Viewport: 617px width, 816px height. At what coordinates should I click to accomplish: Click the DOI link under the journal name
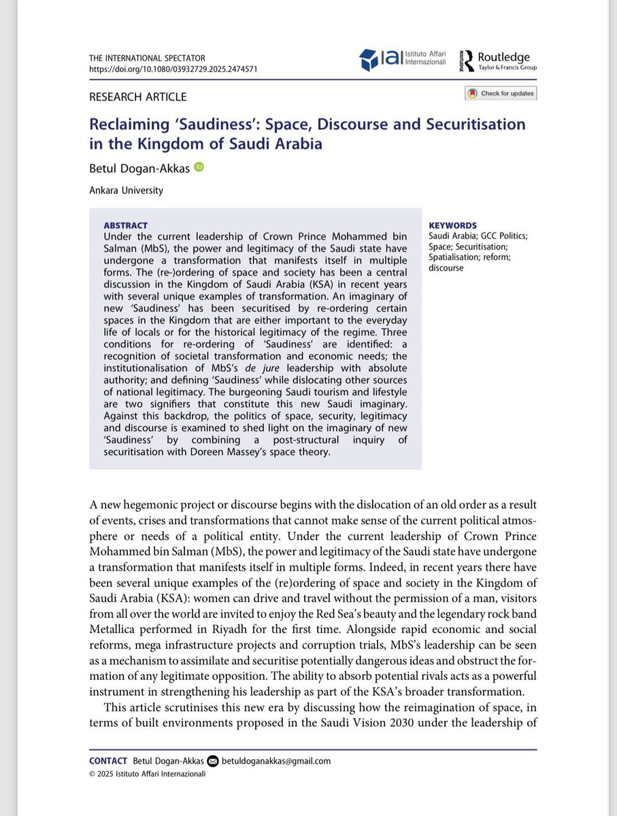tap(173, 69)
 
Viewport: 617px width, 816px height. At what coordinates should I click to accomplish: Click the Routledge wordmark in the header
tap(503, 57)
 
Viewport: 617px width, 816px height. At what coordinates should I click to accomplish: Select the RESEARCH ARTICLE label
tap(137, 97)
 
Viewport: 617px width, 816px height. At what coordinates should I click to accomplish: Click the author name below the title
tap(139, 167)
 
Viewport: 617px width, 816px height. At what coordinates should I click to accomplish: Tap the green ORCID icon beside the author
tap(199, 167)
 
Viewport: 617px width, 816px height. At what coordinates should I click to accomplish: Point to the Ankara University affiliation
tap(126, 190)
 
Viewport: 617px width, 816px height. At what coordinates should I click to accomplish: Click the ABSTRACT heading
tap(125, 226)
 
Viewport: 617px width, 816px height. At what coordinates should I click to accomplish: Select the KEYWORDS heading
tap(452, 226)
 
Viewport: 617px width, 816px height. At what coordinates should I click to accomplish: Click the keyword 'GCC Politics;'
tap(503, 236)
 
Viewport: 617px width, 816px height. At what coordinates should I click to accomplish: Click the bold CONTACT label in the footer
tap(108, 761)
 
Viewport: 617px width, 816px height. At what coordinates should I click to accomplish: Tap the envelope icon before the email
tap(213, 761)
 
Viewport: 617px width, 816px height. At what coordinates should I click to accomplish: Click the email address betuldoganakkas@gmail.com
tap(276, 761)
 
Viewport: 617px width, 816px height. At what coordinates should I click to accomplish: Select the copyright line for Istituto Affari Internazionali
tap(147, 773)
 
